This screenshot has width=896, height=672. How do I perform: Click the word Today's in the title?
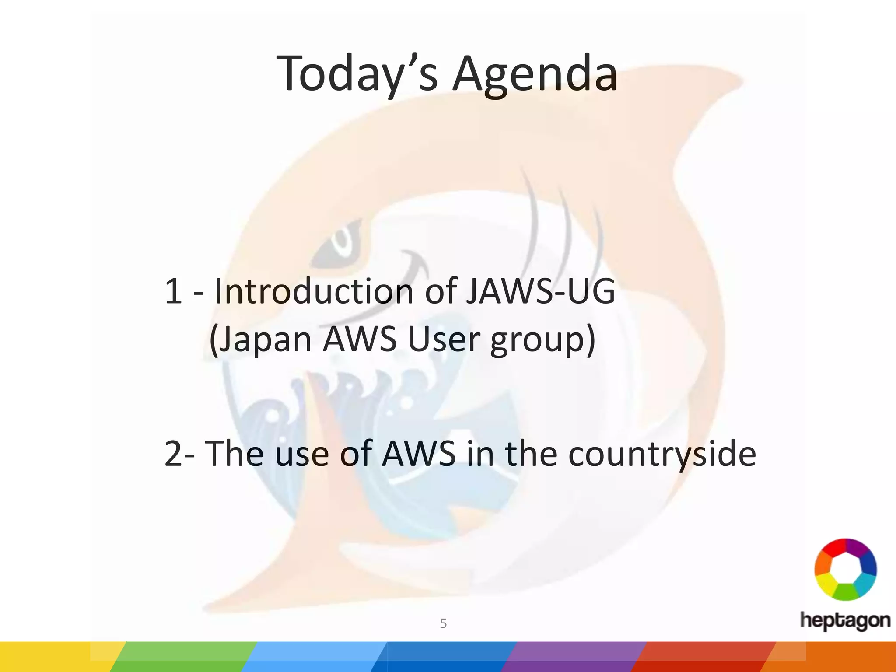(357, 73)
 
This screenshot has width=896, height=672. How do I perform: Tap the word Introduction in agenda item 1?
(314, 291)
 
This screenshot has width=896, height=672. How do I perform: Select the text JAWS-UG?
(540, 291)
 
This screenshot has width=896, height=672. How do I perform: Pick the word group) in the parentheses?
(542, 340)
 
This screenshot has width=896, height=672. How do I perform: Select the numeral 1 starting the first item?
(173, 291)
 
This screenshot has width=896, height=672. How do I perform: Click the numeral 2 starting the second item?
(174, 454)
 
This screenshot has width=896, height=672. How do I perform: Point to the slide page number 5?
(443, 623)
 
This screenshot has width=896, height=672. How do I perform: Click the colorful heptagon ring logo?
(845, 569)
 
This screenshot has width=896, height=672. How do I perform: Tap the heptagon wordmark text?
(845, 620)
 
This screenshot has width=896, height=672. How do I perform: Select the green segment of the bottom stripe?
(184, 657)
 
